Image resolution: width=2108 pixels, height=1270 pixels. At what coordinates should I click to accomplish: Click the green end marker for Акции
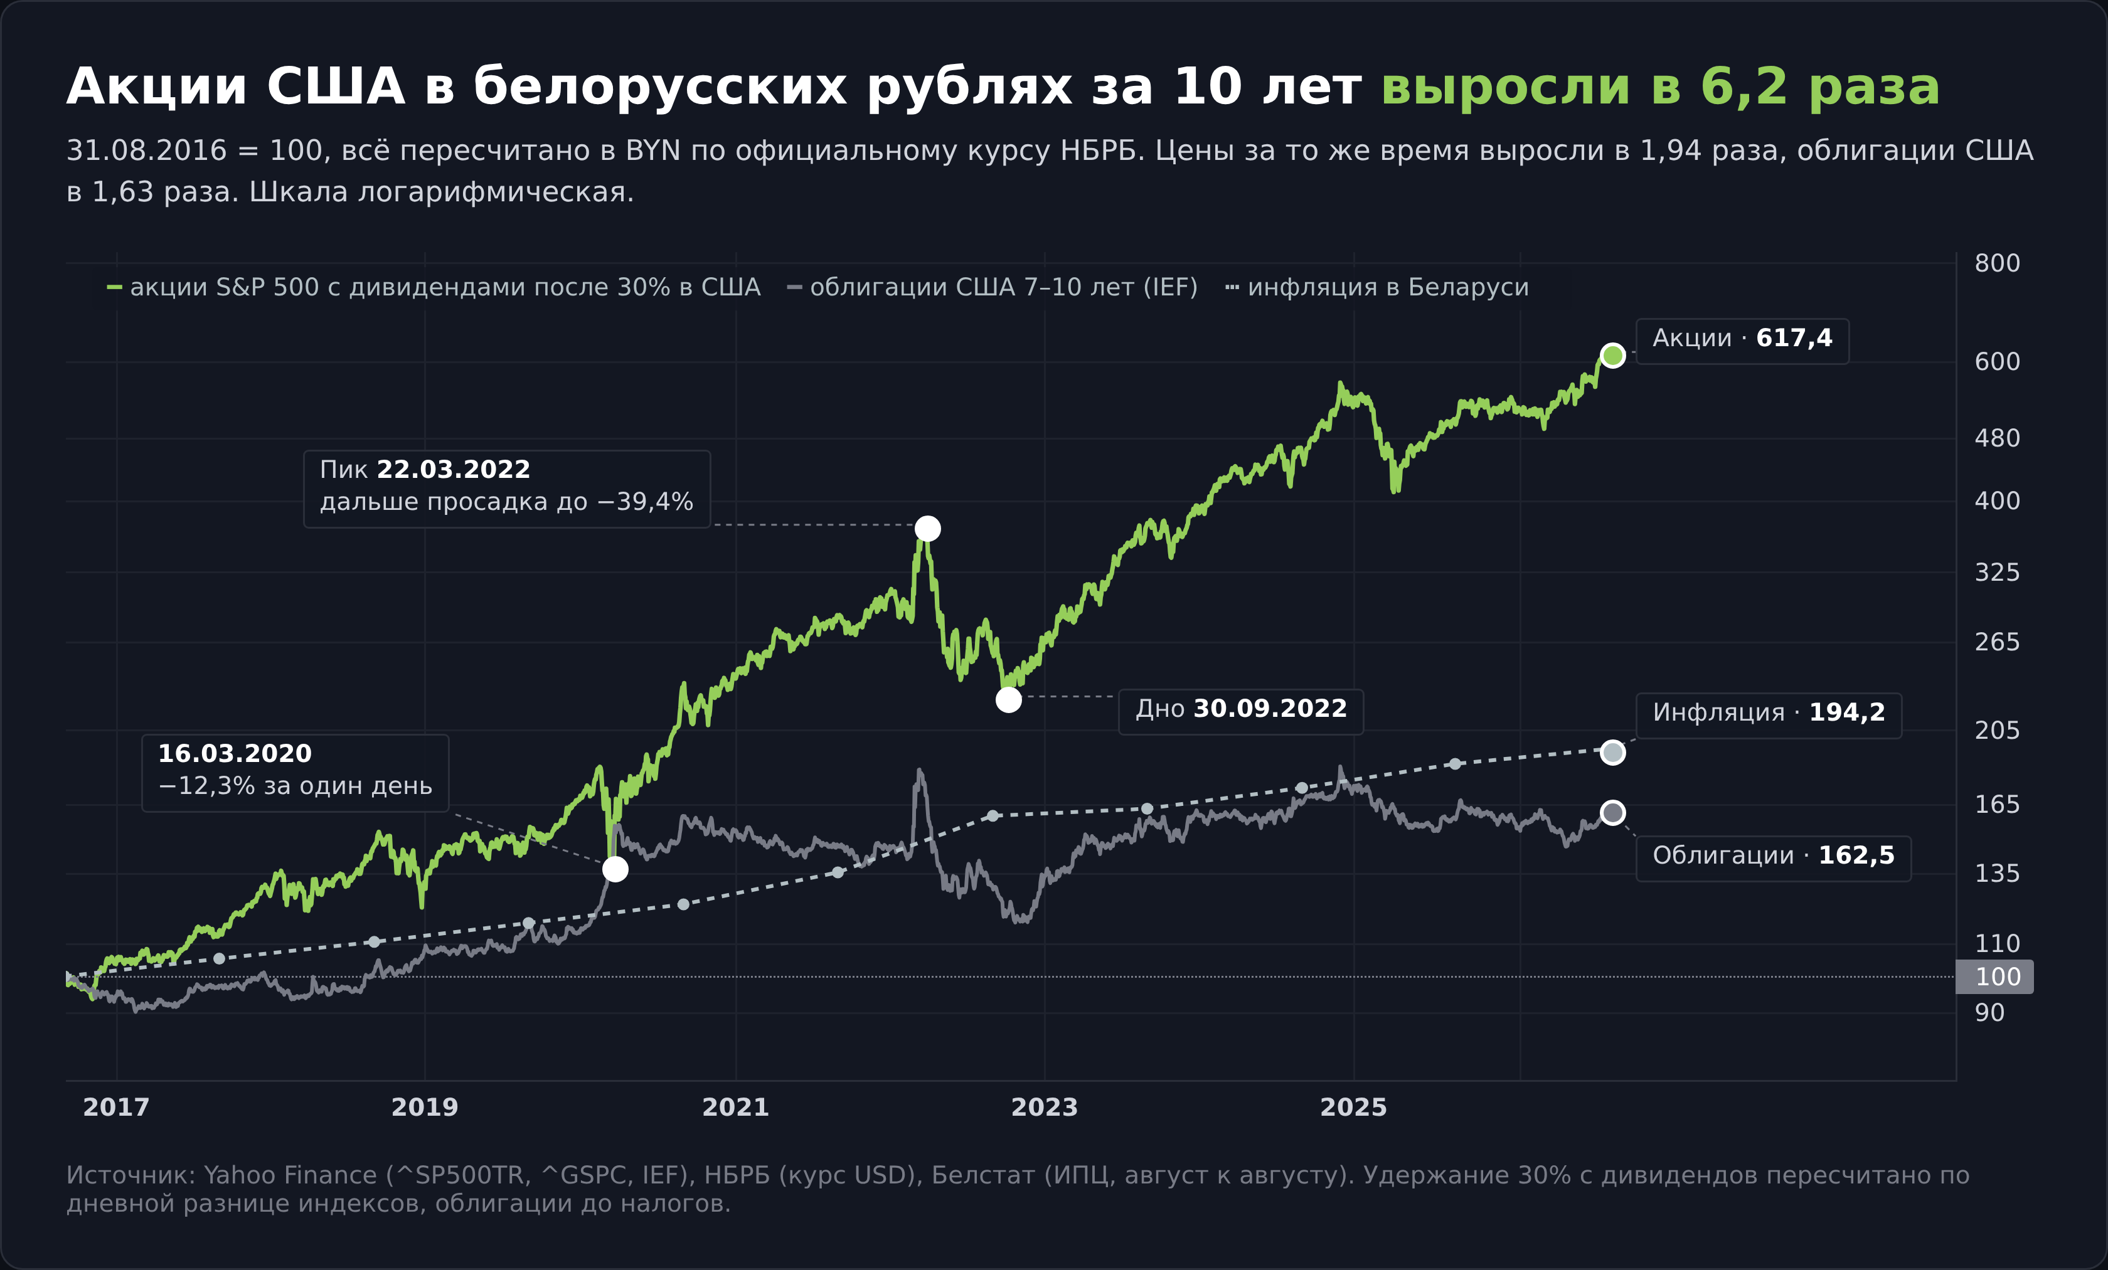(1612, 355)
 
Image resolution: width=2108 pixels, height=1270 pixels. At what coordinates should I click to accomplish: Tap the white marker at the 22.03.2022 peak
(927, 529)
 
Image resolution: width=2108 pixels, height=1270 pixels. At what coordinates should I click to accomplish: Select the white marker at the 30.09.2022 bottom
(1009, 699)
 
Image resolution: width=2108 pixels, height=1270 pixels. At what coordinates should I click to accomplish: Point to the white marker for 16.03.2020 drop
(615, 869)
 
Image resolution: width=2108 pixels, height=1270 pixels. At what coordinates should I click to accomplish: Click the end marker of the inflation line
(1612, 752)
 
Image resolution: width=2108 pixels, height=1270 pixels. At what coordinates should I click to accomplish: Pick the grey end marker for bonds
(1612, 812)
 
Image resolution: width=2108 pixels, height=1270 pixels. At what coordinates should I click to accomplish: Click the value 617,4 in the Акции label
(1794, 339)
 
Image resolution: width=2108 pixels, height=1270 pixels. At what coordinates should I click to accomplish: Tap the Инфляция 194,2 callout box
(1769, 715)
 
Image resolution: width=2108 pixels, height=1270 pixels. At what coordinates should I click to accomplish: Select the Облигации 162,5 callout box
(1774, 858)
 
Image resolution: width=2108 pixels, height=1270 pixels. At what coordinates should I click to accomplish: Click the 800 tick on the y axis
(1997, 263)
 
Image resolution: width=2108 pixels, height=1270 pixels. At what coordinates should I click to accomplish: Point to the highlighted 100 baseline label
(1995, 976)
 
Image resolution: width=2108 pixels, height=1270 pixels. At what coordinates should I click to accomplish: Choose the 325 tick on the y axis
(1997, 572)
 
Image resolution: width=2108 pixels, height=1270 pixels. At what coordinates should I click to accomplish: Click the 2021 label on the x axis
(736, 1108)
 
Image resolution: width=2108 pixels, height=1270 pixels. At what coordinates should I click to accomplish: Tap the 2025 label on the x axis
(1353, 1108)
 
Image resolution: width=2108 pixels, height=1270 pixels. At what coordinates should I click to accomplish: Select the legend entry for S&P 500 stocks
(433, 287)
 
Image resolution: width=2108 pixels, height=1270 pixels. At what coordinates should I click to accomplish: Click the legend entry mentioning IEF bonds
(993, 287)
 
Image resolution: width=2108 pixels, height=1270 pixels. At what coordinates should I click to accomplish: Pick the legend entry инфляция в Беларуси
(1376, 287)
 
